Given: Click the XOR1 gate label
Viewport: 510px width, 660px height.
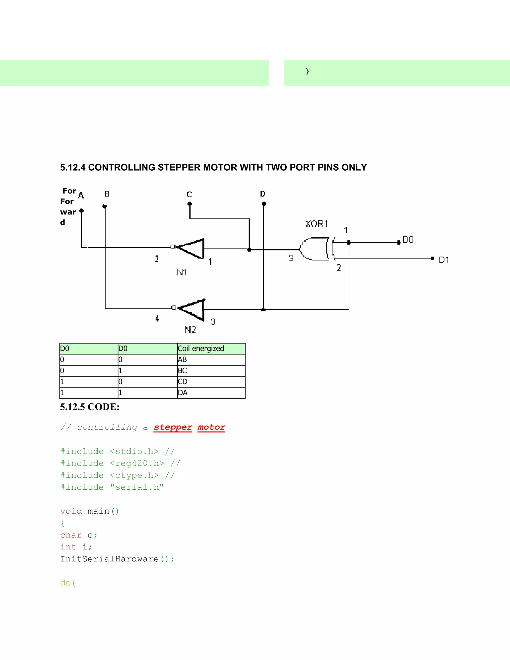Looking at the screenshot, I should click(x=316, y=224).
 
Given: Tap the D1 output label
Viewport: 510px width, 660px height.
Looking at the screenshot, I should click(x=444, y=260).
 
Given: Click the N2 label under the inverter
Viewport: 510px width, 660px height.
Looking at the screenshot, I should click(x=190, y=330).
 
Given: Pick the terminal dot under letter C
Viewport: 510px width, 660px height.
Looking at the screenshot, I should click(x=190, y=204).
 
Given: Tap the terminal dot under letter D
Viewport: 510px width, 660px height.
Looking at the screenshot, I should click(x=264, y=204).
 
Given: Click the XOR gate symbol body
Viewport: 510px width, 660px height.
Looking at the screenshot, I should click(x=314, y=249).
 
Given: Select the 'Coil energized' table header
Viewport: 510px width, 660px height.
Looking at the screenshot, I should click(x=201, y=348).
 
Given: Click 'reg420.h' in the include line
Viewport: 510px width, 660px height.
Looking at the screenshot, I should click(x=137, y=463).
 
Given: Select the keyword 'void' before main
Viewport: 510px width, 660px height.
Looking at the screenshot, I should click(x=71, y=511).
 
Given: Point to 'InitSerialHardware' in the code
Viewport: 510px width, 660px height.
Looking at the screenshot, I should click(x=109, y=559).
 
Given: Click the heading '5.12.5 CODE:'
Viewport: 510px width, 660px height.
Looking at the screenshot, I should click(x=90, y=407).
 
